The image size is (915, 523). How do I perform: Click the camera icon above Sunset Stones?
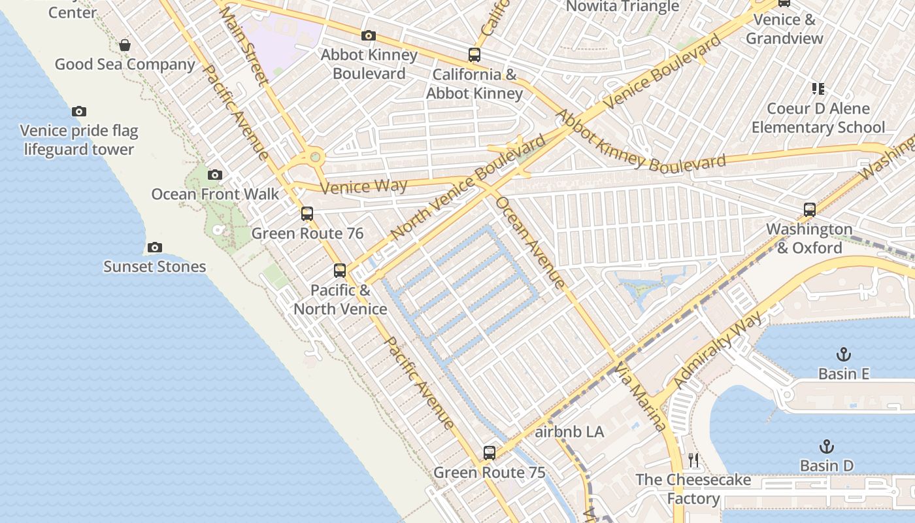pos(154,247)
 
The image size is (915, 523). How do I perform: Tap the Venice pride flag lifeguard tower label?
pos(79,140)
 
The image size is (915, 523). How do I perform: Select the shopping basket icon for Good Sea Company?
pos(125,45)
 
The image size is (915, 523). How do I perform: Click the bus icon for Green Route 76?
pos(307,214)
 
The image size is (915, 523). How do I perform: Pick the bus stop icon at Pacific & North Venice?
pos(340,271)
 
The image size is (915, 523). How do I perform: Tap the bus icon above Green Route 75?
pos(490,452)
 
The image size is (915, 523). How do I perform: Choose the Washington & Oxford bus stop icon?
pos(810,210)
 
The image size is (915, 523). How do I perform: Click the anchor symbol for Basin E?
pos(844,354)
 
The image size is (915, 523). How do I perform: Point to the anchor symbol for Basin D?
pos(827,447)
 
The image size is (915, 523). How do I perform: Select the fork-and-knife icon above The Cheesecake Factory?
pos(693,460)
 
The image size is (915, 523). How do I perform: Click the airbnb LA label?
pos(569,432)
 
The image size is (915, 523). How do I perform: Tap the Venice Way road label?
pos(364,187)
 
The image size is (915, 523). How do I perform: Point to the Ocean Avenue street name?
pos(530,242)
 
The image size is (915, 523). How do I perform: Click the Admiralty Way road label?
pos(718,350)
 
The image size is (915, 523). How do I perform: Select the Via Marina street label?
pos(641,397)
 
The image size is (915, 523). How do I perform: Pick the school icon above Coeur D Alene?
pos(818,88)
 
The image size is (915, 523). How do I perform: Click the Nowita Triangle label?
pos(622,7)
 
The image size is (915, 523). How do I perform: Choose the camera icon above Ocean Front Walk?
pos(215,175)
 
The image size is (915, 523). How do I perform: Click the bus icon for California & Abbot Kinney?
pos(474,55)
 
